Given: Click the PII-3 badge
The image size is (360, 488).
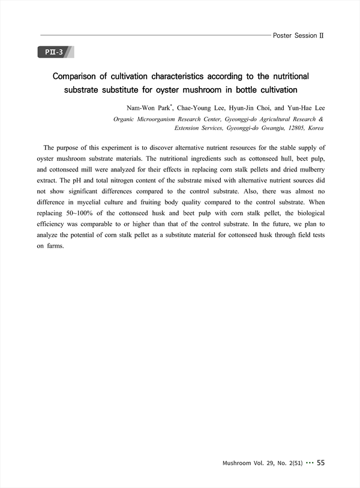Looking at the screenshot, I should click(x=55, y=52).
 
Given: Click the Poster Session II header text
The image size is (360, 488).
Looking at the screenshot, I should click(x=298, y=35).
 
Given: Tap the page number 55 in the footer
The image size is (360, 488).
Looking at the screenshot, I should click(x=320, y=463).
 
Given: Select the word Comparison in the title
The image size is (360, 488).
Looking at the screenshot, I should click(x=79, y=77).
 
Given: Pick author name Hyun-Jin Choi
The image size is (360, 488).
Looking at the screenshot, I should click(x=248, y=108).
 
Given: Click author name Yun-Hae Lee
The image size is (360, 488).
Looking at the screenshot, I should click(x=305, y=108).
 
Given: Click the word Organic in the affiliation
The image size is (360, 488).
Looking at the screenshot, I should click(x=127, y=119).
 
